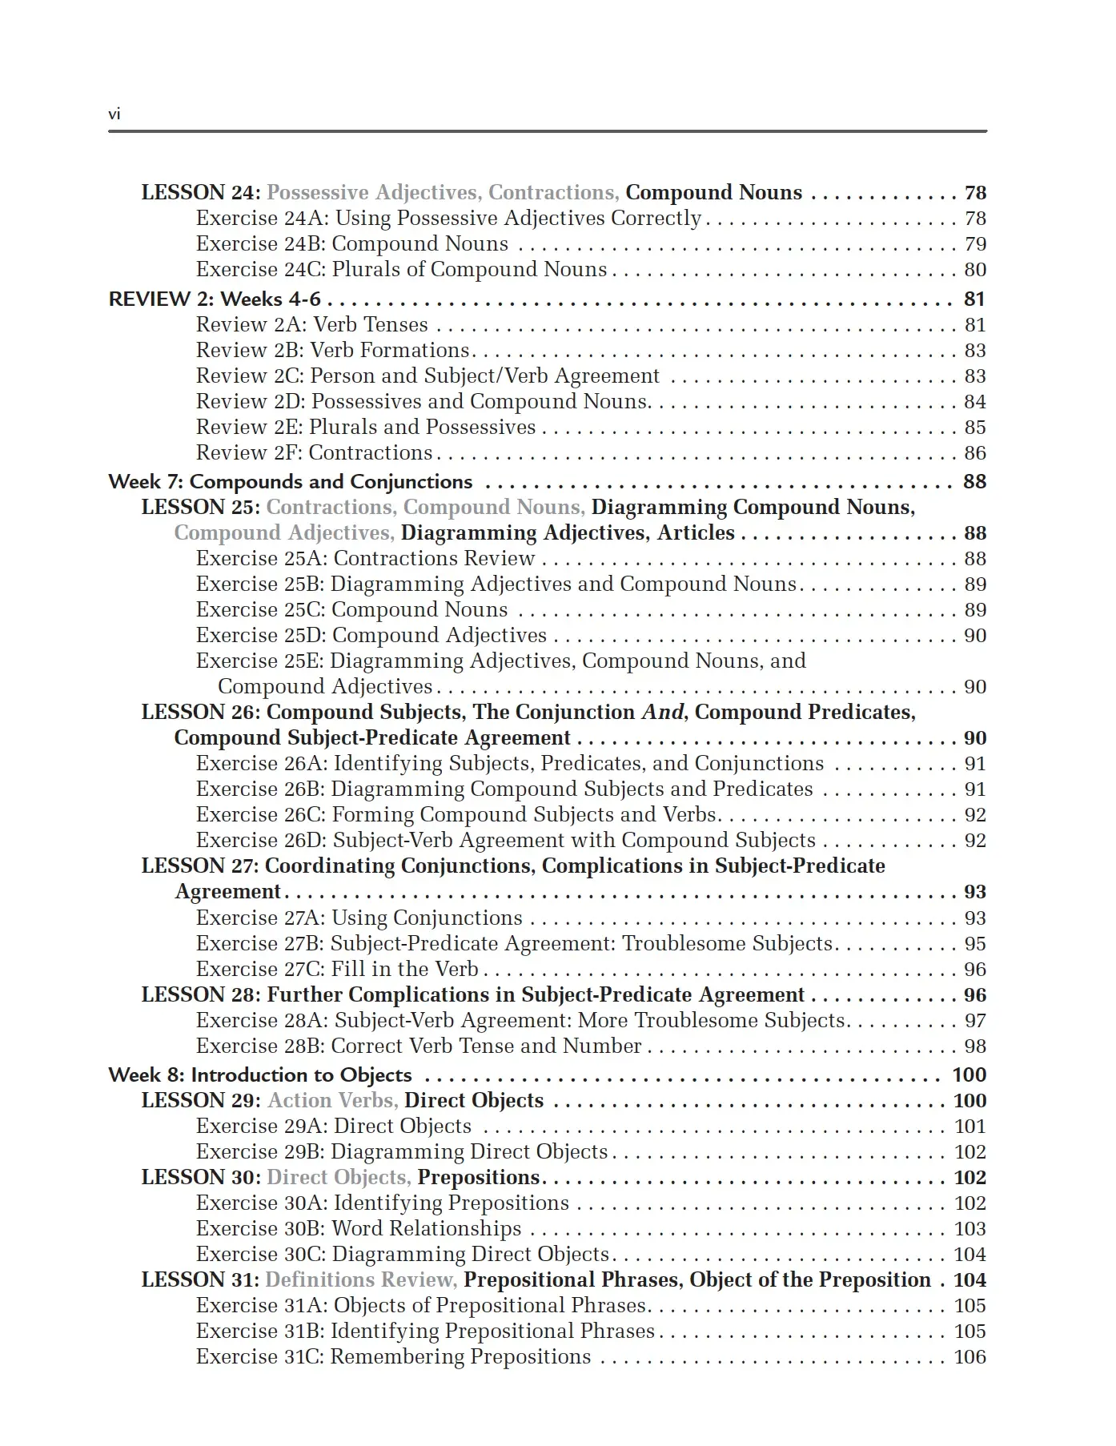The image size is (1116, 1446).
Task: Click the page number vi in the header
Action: tap(114, 114)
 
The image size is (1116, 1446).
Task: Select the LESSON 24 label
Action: tap(200, 193)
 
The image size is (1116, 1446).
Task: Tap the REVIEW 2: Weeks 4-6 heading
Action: tap(215, 299)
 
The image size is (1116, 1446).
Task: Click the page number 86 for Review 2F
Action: tap(974, 453)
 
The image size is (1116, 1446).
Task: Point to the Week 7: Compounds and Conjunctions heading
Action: tap(291, 482)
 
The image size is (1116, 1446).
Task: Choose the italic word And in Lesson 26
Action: tap(663, 713)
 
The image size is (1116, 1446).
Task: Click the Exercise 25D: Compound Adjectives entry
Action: tap(371, 636)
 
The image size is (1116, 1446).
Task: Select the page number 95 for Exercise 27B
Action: tap(974, 944)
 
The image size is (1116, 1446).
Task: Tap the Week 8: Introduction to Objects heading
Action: tap(260, 1075)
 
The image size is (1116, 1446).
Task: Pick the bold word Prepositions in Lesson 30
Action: tap(479, 1178)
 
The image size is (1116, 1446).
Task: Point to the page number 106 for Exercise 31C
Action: tap(969, 1357)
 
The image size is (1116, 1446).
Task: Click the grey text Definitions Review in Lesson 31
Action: tap(361, 1280)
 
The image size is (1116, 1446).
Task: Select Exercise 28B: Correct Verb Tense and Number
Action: tap(419, 1046)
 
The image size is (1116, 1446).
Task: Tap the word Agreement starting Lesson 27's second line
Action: tap(228, 892)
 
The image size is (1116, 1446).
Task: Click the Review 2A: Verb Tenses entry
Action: tap(312, 325)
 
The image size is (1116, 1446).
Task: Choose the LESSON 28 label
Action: tap(200, 995)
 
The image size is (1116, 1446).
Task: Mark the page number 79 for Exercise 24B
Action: tap(974, 244)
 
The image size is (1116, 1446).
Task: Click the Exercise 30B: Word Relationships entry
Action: tap(359, 1229)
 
